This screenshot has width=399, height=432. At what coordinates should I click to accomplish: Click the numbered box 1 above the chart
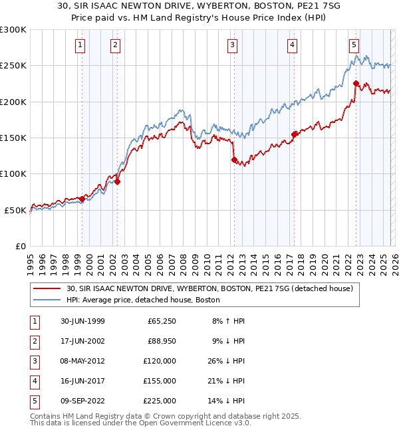click(80, 45)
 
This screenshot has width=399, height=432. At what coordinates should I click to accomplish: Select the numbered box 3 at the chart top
click(233, 45)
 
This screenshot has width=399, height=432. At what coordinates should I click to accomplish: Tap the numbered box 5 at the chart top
click(354, 45)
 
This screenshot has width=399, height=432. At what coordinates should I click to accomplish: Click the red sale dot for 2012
click(234, 160)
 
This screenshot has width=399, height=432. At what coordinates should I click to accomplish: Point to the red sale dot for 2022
click(356, 84)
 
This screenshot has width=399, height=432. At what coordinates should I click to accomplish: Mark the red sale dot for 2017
click(294, 134)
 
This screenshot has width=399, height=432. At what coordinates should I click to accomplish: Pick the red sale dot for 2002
click(117, 181)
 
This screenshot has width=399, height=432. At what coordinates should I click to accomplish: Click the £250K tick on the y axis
click(13, 66)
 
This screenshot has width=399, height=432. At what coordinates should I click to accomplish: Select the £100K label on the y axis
click(13, 173)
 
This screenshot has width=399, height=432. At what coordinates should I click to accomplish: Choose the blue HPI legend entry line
click(48, 300)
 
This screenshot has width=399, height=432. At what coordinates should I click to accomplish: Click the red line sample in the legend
click(48, 288)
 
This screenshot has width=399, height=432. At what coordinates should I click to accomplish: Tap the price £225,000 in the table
click(160, 401)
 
